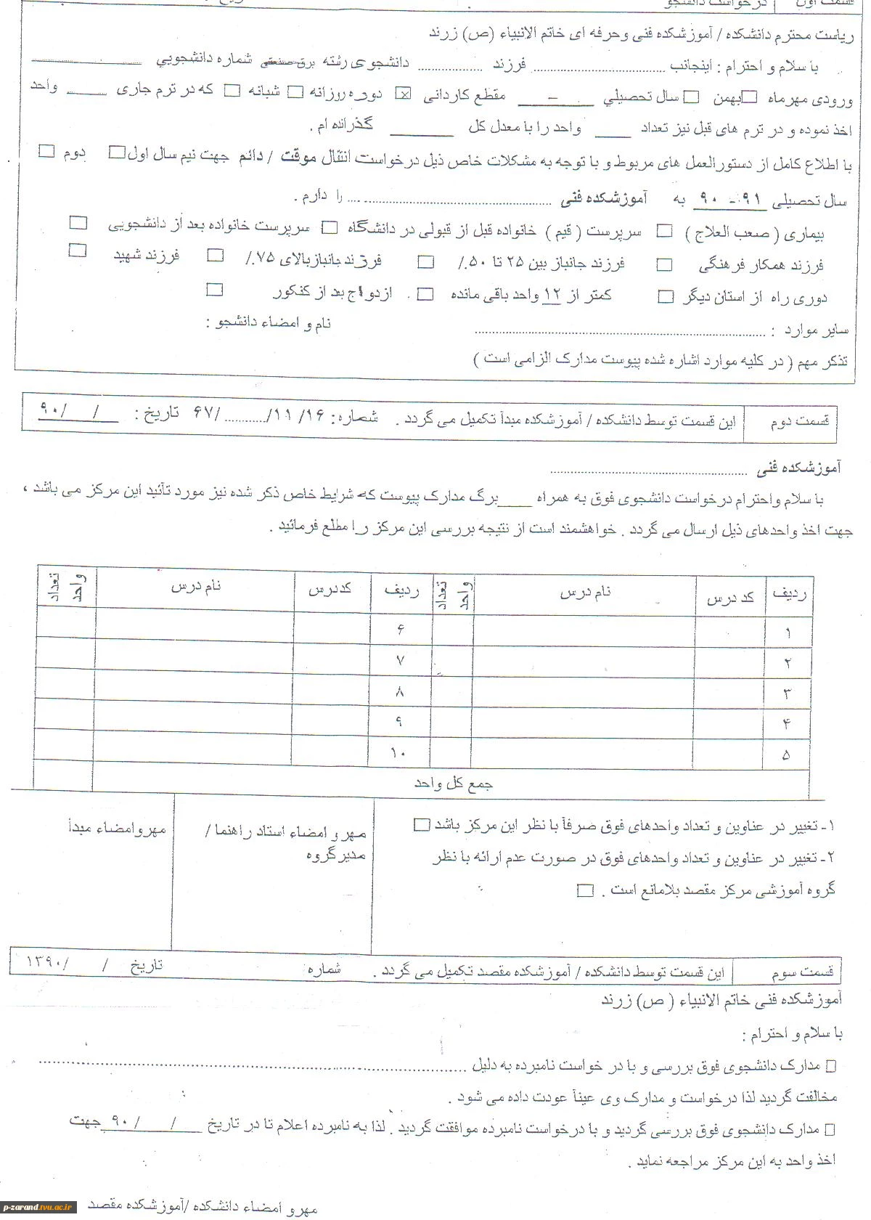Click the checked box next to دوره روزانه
[404, 94]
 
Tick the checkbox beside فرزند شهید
[78, 251]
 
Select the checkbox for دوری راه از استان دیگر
[665, 296]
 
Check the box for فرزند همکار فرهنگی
[664, 265]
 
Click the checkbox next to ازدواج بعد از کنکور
[214, 290]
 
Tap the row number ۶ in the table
[400, 630]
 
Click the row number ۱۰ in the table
[398, 753]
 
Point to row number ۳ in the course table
[787, 693]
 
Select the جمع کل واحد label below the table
[454, 784]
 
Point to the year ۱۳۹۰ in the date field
[47, 962]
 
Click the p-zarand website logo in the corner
[39, 1206]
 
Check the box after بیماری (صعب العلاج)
[664, 232]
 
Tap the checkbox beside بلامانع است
[585, 890]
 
